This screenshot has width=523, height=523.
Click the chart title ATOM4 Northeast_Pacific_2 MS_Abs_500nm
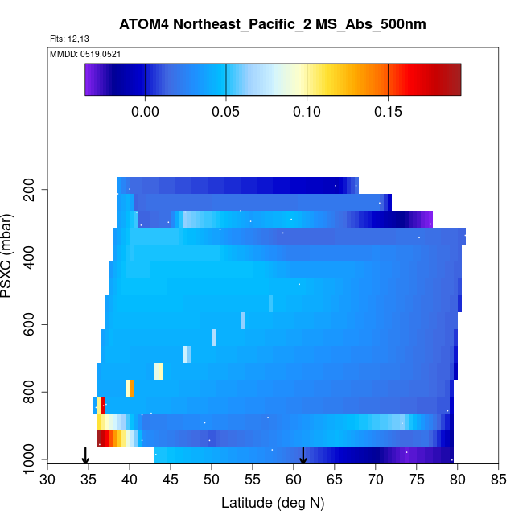pyautogui.click(x=272, y=24)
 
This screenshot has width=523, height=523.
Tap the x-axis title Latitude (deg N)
pyautogui.click(x=273, y=503)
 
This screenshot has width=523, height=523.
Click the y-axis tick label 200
pyautogui.click(x=31, y=190)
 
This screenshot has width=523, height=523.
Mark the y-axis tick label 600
pyautogui.click(x=31, y=324)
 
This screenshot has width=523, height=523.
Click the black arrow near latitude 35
pyautogui.click(x=86, y=456)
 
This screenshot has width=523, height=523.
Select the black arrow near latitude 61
pyautogui.click(x=303, y=456)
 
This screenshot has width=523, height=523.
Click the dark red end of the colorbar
pyautogui.click(x=455, y=79)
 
